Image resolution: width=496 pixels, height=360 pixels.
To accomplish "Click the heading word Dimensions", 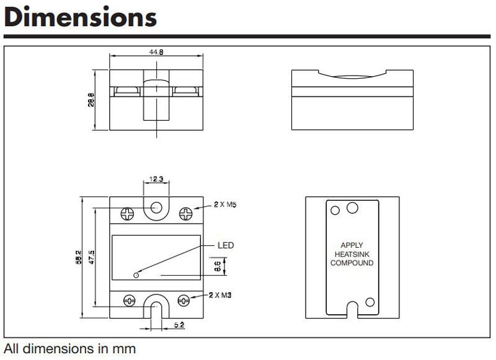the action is point(81,17).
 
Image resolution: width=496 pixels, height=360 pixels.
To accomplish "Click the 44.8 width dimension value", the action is point(156,52).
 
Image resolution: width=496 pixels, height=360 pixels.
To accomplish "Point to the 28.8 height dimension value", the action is point(91,100).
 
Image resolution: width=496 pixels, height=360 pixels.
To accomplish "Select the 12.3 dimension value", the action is point(156,179).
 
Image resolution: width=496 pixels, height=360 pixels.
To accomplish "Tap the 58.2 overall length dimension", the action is point(79,257).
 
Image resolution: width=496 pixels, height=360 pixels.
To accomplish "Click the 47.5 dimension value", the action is point(92,257).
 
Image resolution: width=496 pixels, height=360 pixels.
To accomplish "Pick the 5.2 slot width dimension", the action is point(179,325).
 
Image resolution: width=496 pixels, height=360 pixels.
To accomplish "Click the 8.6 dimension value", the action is point(218,266).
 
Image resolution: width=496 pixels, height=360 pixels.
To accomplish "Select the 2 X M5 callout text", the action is point(225,204).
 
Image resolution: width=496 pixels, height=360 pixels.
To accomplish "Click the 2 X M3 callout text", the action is point(220,295).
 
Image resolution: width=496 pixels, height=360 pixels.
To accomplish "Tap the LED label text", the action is point(226,245).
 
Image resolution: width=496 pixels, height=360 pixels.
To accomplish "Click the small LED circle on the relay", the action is point(136,275).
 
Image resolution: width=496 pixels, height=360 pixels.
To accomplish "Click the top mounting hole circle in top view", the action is point(156,208).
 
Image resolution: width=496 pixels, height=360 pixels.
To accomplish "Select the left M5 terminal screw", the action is point(128,214).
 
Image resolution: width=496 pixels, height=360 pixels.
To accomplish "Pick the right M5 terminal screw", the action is point(185,214).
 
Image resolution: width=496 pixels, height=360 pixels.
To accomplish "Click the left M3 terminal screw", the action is point(130,301).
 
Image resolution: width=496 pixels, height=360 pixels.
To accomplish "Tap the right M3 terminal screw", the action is point(184,301).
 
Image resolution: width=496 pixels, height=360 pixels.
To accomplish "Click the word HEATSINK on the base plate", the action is point(352,254).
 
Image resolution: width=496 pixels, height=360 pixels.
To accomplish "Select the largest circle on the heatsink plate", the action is point(352,208).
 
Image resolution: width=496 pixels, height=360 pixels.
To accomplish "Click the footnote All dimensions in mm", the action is point(70,349).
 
